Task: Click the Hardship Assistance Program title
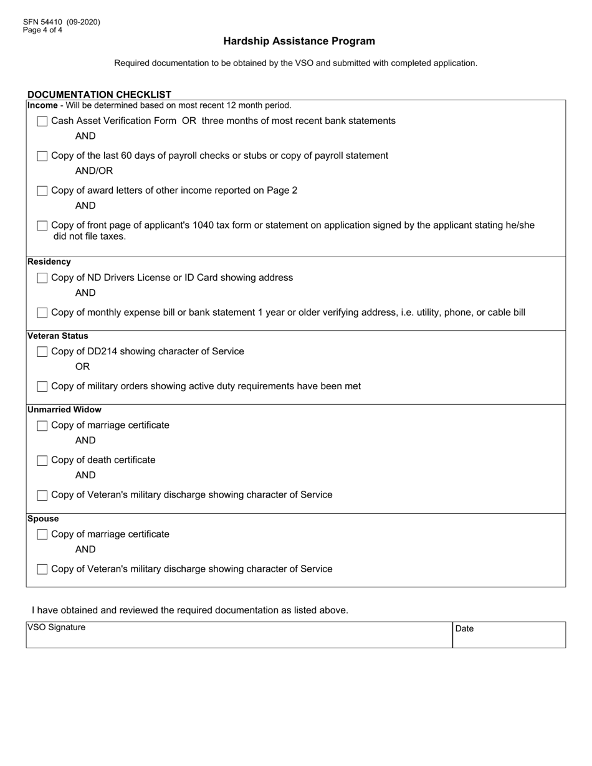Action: [299, 41]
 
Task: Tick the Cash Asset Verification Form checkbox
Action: [42, 121]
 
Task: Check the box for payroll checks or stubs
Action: [42, 156]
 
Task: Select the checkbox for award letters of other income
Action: [42, 191]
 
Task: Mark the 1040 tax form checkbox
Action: [42, 225]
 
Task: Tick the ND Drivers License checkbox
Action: [42, 278]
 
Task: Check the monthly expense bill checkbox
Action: [42, 313]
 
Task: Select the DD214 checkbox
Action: [42, 352]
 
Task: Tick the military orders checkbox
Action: [42, 387]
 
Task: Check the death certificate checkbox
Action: [42, 461]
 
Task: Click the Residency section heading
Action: [49, 262]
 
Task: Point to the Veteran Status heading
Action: [58, 336]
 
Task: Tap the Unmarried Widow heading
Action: [64, 410]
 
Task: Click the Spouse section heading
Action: [43, 519]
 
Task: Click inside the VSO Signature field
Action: [239, 635]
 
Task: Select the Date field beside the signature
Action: [509, 635]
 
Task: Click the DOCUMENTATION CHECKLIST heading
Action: [99, 95]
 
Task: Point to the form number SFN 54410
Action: [61, 22]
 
